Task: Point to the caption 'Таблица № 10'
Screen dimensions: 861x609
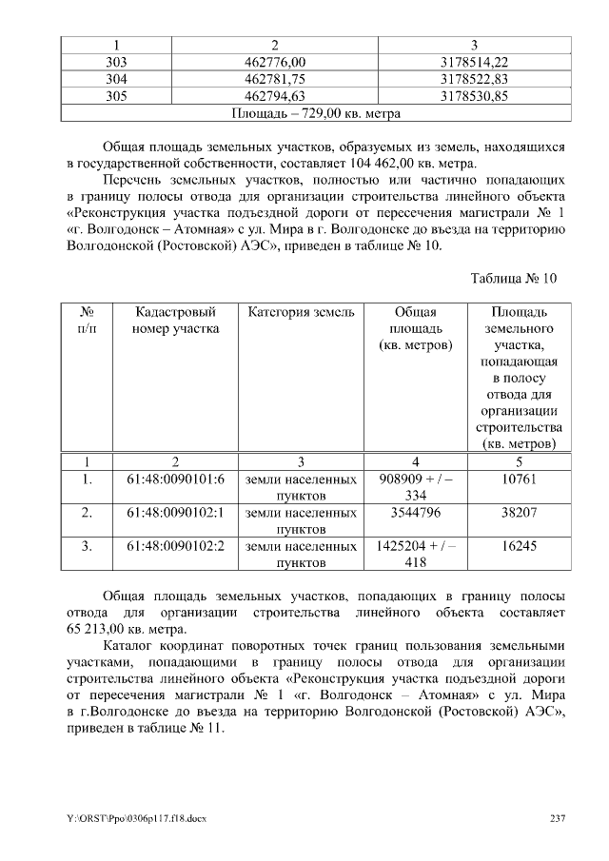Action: coord(513,278)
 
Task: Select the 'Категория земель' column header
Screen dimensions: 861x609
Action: coord(302,312)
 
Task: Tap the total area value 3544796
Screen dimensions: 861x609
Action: coord(415,513)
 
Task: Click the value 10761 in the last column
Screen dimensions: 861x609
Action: coord(520,479)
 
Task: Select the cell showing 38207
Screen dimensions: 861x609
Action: coord(520,513)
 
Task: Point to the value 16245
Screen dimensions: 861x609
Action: coord(520,547)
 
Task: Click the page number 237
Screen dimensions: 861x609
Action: coord(559,817)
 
